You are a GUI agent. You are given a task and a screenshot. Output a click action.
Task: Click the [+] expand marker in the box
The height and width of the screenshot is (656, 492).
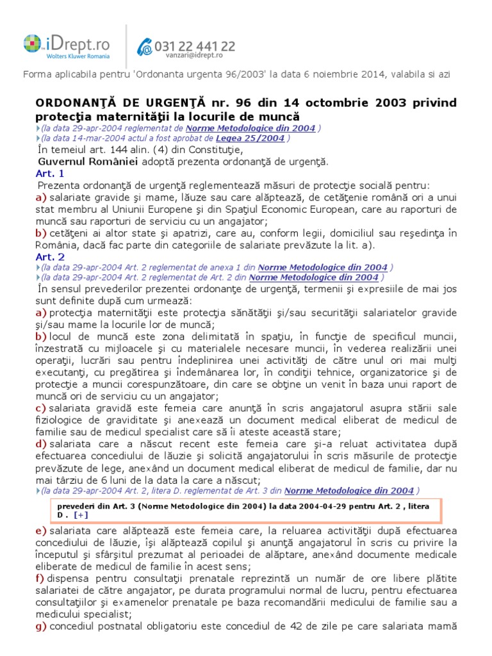(81, 514)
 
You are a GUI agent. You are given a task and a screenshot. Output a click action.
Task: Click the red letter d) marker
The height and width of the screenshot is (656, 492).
(41, 444)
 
